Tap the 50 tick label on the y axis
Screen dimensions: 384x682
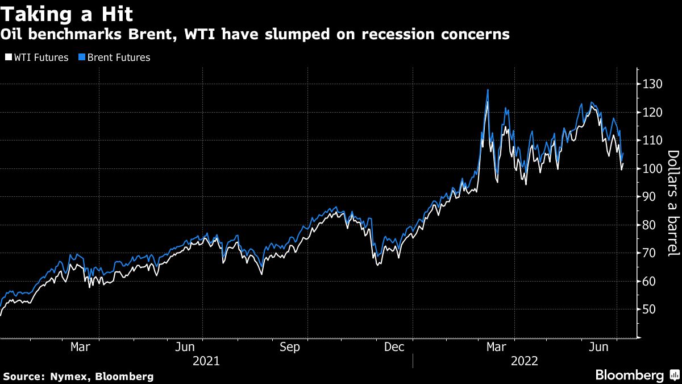click(x=649, y=309)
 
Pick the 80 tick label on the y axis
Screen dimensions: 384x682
click(x=649, y=225)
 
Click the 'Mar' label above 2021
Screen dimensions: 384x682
click(x=80, y=346)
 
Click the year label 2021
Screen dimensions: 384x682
click(x=205, y=361)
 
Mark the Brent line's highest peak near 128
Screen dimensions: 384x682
click(x=488, y=90)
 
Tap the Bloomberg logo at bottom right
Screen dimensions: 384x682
click(x=629, y=375)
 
